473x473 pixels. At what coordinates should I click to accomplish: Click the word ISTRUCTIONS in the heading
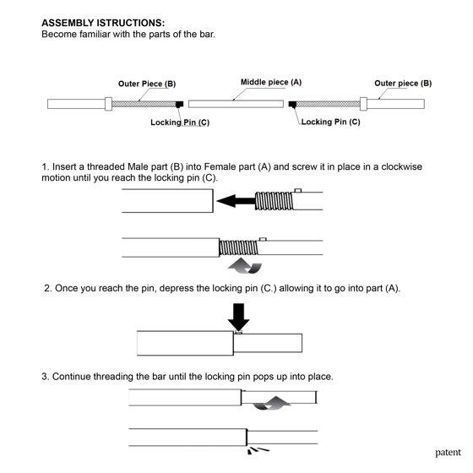[131, 23]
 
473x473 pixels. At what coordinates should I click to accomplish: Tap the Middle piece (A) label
[271, 82]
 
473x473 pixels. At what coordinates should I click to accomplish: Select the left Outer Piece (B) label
[147, 84]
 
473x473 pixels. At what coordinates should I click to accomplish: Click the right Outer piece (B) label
[403, 84]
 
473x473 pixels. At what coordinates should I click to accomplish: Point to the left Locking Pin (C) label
[180, 122]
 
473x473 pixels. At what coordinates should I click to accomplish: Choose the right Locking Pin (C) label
[330, 122]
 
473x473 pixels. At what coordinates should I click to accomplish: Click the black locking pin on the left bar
[179, 104]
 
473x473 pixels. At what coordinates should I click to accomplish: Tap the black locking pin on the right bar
[292, 104]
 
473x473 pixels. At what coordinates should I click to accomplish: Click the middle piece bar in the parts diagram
[236, 104]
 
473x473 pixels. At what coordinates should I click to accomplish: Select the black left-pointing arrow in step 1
[236, 201]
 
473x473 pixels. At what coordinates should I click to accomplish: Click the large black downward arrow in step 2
[238, 317]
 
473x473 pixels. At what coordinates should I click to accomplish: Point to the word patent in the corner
[448, 453]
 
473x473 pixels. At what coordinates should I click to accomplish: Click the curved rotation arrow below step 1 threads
[245, 266]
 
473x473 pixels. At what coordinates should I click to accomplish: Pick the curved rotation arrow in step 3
[271, 404]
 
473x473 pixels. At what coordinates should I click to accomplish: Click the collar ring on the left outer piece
[108, 104]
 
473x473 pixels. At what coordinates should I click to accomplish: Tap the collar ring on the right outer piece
[363, 104]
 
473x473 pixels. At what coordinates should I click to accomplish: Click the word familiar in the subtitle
[95, 34]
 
